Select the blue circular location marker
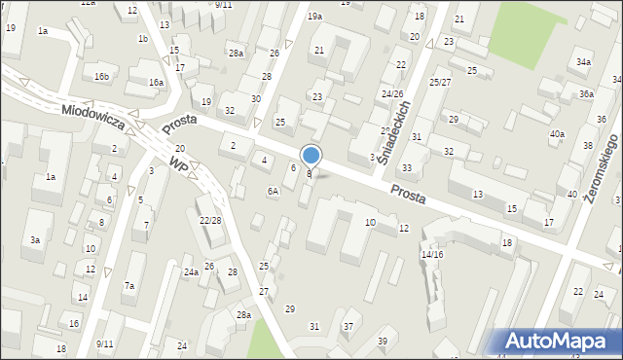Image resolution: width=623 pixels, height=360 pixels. [x=311, y=155]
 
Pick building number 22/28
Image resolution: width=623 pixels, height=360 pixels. [x=210, y=220]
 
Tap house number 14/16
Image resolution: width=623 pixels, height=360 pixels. [x=432, y=254]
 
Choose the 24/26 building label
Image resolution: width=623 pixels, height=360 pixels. [x=392, y=94]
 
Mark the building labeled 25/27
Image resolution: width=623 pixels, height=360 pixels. [x=439, y=83]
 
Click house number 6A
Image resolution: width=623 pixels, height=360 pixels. [x=274, y=191]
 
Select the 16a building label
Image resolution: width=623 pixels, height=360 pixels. [x=156, y=83]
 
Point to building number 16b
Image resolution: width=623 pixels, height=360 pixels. [x=102, y=76]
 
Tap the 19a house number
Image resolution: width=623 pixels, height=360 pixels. [x=314, y=17]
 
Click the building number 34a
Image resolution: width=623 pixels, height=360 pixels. [x=582, y=61]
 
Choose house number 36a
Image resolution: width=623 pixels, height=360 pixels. [x=586, y=94]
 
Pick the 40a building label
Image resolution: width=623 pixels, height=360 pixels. [x=557, y=133]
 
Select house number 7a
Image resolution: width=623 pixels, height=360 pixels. [x=129, y=286]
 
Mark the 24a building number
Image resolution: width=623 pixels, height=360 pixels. [x=191, y=271]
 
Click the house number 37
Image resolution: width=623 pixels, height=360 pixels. [x=348, y=326]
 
